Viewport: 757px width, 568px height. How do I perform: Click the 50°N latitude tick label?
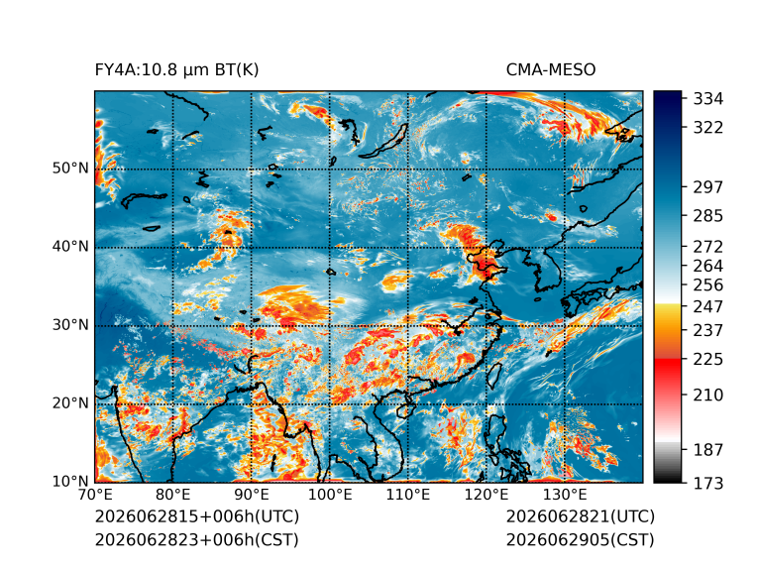coord(70,169)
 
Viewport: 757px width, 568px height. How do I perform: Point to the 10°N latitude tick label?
coord(70,482)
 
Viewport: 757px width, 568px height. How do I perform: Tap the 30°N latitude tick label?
coord(70,325)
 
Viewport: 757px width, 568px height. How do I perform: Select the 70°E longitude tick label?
coord(95,495)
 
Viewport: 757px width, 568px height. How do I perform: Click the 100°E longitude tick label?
coord(330,495)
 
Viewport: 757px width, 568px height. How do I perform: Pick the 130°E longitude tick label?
coord(565,495)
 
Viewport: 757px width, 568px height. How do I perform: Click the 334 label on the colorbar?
coord(708,99)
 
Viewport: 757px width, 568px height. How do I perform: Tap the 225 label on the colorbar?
coord(708,360)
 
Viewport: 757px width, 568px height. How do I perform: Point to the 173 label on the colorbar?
coord(708,483)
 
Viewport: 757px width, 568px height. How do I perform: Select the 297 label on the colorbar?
coord(708,187)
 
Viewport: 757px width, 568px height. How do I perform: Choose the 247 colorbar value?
coord(708,306)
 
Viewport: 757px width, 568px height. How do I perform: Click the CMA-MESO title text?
coord(551,70)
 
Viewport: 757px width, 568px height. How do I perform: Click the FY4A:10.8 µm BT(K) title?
coord(176,70)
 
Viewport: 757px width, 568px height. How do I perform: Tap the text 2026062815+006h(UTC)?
coord(197,516)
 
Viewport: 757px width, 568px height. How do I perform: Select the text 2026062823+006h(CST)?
coord(196,539)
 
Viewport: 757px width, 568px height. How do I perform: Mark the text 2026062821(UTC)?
coord(581,516)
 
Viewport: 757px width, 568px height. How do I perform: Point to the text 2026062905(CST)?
coord(581,539)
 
